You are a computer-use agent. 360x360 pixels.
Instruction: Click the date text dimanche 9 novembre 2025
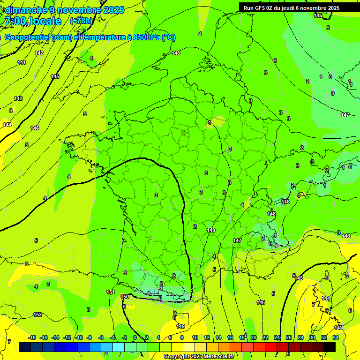point(64,10)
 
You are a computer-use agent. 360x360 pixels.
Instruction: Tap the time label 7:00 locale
point(32,21)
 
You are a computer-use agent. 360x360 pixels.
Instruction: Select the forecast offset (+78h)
point(81,21)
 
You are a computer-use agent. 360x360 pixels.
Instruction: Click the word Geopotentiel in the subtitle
point(27,37)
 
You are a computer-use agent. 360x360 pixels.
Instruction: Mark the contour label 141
point(22,62)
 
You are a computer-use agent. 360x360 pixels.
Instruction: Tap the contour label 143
point(18,98)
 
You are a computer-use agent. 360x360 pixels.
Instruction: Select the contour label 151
point(111,292)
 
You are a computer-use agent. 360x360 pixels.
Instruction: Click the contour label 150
point(125,297)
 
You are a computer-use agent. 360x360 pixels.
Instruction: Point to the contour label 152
point(37,315)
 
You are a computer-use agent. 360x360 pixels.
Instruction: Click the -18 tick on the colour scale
point(32,337)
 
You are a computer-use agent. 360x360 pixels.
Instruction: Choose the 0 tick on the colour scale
point(135,337)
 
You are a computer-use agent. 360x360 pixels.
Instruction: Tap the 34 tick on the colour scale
point(336,337)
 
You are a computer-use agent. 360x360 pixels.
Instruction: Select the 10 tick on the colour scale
point(195,337)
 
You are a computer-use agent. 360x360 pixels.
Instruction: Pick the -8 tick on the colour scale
point(89,337)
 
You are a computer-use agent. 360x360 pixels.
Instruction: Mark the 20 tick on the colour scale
point(254,337)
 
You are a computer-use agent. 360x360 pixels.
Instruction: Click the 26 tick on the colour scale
point(289,337)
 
